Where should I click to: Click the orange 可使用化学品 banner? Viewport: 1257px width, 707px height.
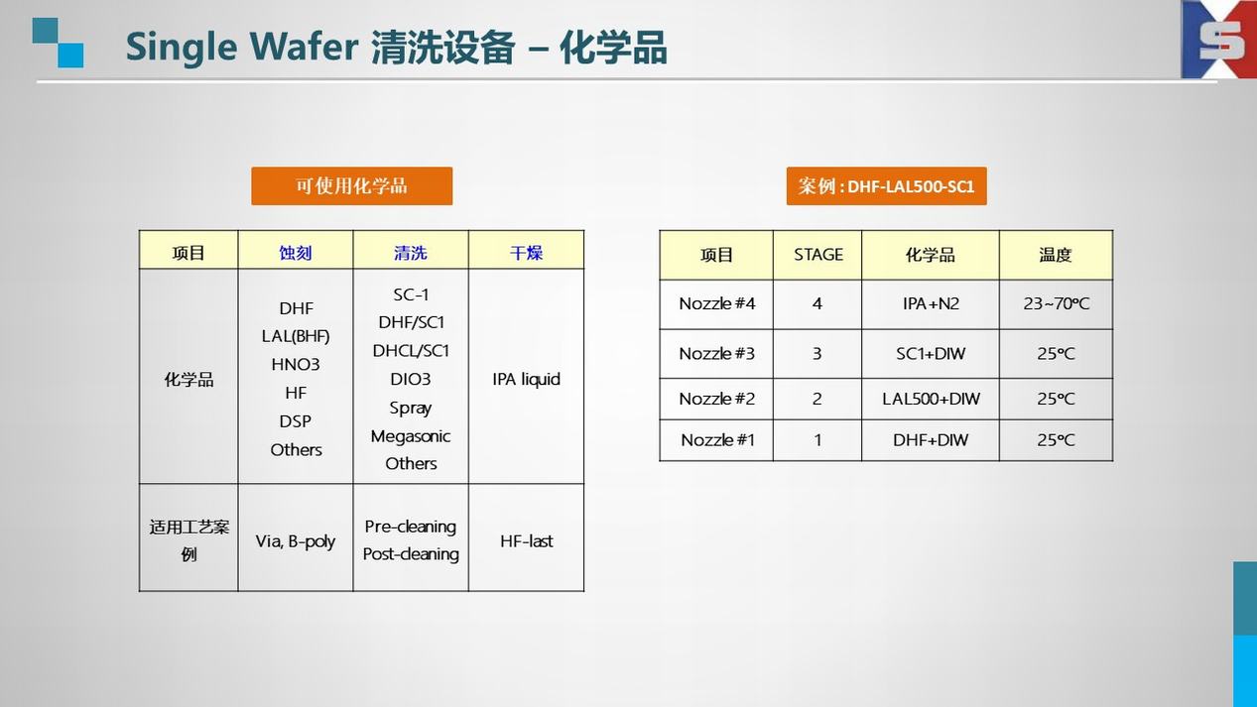[352, 186]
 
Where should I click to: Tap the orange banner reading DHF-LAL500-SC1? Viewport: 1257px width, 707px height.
[886, 186]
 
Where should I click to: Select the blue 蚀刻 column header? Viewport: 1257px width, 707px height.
[296, 253]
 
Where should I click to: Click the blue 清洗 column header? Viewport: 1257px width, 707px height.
[410, 253]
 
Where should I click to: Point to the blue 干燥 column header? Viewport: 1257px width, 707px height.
[526, 253]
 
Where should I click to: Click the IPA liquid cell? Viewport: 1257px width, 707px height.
[527, 380]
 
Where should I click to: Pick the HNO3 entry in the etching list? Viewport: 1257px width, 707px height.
[296, 365]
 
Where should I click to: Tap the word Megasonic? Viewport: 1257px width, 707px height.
[410, 436]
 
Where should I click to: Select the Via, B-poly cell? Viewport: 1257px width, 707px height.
[296, 541]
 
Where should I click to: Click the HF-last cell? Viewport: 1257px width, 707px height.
[527, 541]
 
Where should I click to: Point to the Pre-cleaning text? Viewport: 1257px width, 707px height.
[410, 527]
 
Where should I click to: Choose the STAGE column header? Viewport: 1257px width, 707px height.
[818, 255]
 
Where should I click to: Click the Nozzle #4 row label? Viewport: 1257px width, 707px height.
[716, 303]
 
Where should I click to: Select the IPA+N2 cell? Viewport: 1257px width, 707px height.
[931, 303]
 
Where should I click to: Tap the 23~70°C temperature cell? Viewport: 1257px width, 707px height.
[1056, 303]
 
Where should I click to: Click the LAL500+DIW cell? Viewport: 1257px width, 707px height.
[931, 399]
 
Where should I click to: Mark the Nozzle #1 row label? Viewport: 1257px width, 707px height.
[716, 440]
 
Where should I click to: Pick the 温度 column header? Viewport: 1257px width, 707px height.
[1056, 255]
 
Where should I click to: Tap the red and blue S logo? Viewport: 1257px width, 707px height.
[1219, 40]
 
